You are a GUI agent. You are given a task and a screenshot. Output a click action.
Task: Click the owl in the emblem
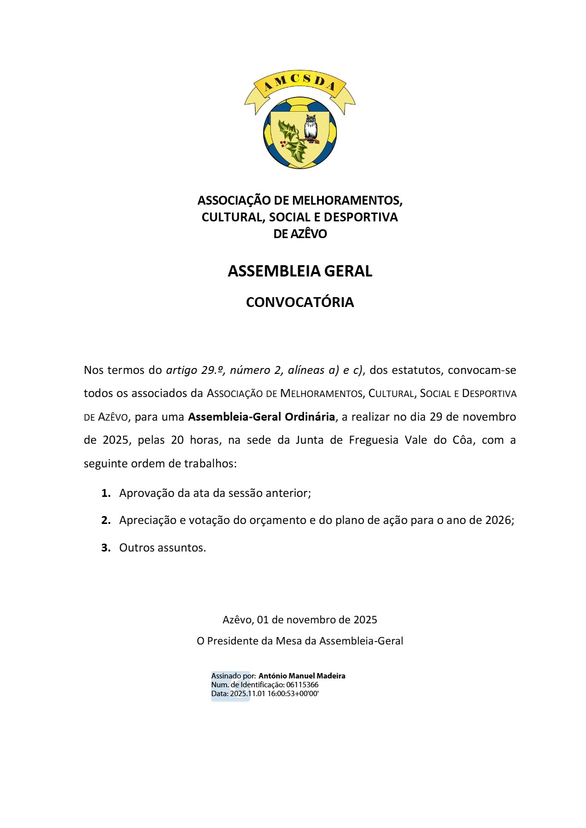click(310, 128)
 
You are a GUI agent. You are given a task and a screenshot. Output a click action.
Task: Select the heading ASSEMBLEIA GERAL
click(300, 271)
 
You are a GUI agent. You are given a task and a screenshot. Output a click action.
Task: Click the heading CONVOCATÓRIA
click(300, 302)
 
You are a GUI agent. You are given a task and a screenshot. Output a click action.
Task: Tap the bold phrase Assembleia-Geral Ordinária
click(261, 417)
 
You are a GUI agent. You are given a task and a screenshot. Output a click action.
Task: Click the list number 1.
click(105, 493)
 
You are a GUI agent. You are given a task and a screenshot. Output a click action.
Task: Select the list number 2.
click(105, 520)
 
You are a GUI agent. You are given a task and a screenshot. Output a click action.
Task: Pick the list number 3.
click(105, 548)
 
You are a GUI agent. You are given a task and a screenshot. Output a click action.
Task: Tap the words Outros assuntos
click(163, 548)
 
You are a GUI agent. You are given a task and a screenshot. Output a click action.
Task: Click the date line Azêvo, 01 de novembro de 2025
click(300, 619)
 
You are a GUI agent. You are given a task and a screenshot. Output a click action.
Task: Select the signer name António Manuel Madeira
click(302, 675)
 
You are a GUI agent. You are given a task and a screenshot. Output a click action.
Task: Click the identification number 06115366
click(302, 684)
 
